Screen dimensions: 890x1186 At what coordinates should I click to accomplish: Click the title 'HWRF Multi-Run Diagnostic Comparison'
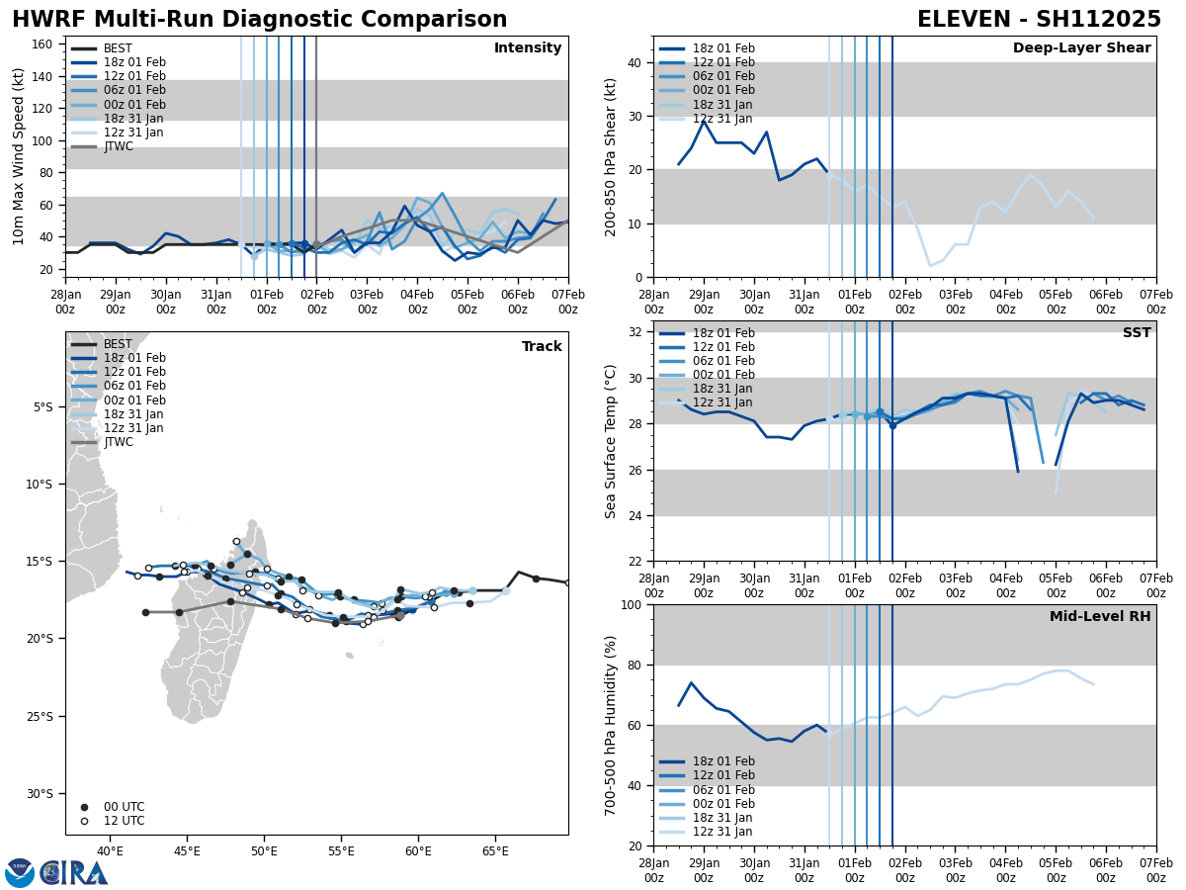click(259, 20)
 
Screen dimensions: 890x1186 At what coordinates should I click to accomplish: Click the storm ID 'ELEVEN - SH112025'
click(1039, 20)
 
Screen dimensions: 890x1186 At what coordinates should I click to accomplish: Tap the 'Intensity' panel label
click(528, 48)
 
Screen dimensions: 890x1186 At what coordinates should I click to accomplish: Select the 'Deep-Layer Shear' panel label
click(1081, 48)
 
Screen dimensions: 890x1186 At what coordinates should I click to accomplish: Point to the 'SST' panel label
click(1136, 333)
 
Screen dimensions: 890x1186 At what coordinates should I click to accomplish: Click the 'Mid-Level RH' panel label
click(1100, 617)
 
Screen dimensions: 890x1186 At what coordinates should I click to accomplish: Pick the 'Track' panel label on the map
click(542, 347)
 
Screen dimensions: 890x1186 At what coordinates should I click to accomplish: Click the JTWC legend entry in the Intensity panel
click(118, 146)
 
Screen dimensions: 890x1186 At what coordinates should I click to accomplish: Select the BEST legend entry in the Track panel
click(118, 344)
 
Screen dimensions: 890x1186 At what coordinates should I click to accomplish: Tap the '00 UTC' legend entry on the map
click(124, 807)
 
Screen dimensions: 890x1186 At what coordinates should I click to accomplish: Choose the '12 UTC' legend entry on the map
click(124, 821)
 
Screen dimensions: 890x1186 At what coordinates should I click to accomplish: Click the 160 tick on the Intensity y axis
click(43, 44)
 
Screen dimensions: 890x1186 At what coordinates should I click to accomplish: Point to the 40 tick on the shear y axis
click(635, 62)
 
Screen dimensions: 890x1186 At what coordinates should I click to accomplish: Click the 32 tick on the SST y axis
click(635, 332)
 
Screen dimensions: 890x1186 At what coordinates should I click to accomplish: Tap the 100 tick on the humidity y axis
click(631, 604)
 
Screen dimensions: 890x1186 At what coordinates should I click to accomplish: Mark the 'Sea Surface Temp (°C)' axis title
click(612, 441)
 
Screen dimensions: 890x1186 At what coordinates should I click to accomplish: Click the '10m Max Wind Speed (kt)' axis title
click(19, 156)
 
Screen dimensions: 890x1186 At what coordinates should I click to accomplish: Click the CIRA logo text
click(74, 873)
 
